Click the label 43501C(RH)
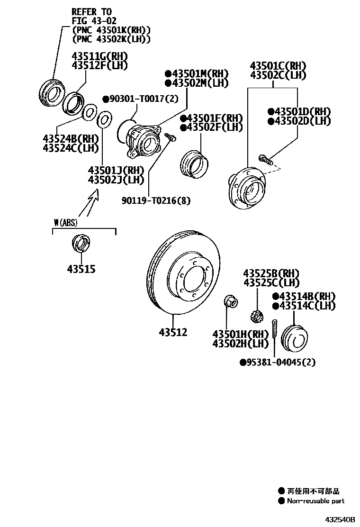tap(278, 66)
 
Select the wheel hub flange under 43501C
tap(246, 187)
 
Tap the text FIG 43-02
tap(93, 21)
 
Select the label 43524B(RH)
tap(70, 139)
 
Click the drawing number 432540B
tap(339, 520)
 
